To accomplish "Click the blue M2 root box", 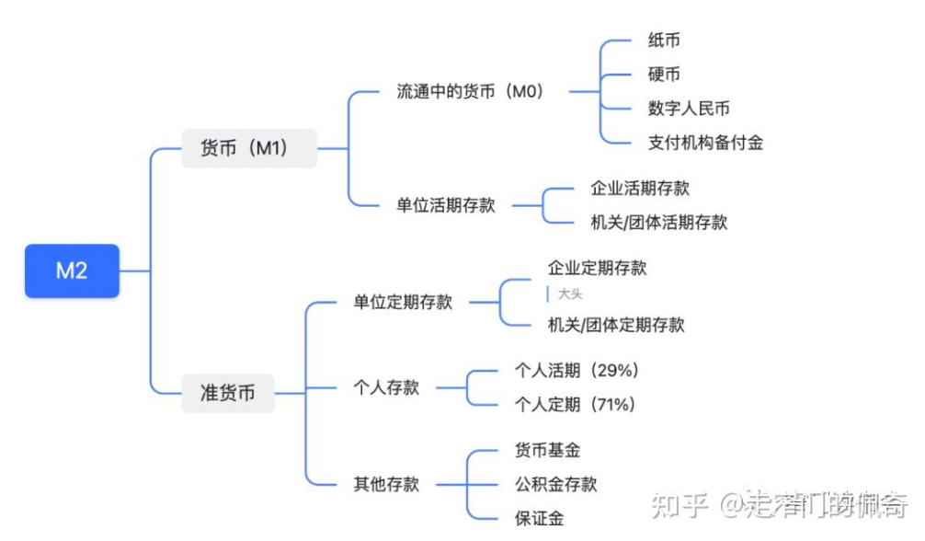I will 72,270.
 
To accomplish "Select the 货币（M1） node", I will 248,148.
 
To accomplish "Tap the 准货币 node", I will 228,393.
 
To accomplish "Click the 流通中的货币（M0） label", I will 470,92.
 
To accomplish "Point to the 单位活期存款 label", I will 445,205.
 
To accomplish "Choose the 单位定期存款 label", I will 403,302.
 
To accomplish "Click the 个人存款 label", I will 386,387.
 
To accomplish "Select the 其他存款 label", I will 386,484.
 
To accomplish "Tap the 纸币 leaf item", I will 664,40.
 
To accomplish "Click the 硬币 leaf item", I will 664,75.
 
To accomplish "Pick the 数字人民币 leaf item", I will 689,109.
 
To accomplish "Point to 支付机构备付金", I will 705,143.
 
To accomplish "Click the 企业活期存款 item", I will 640,189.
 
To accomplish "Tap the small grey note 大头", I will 570,294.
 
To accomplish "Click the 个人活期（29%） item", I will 577,371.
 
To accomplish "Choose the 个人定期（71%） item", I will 577,405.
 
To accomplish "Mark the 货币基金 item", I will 547,450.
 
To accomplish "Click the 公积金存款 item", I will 555,484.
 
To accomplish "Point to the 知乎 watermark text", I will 679,504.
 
